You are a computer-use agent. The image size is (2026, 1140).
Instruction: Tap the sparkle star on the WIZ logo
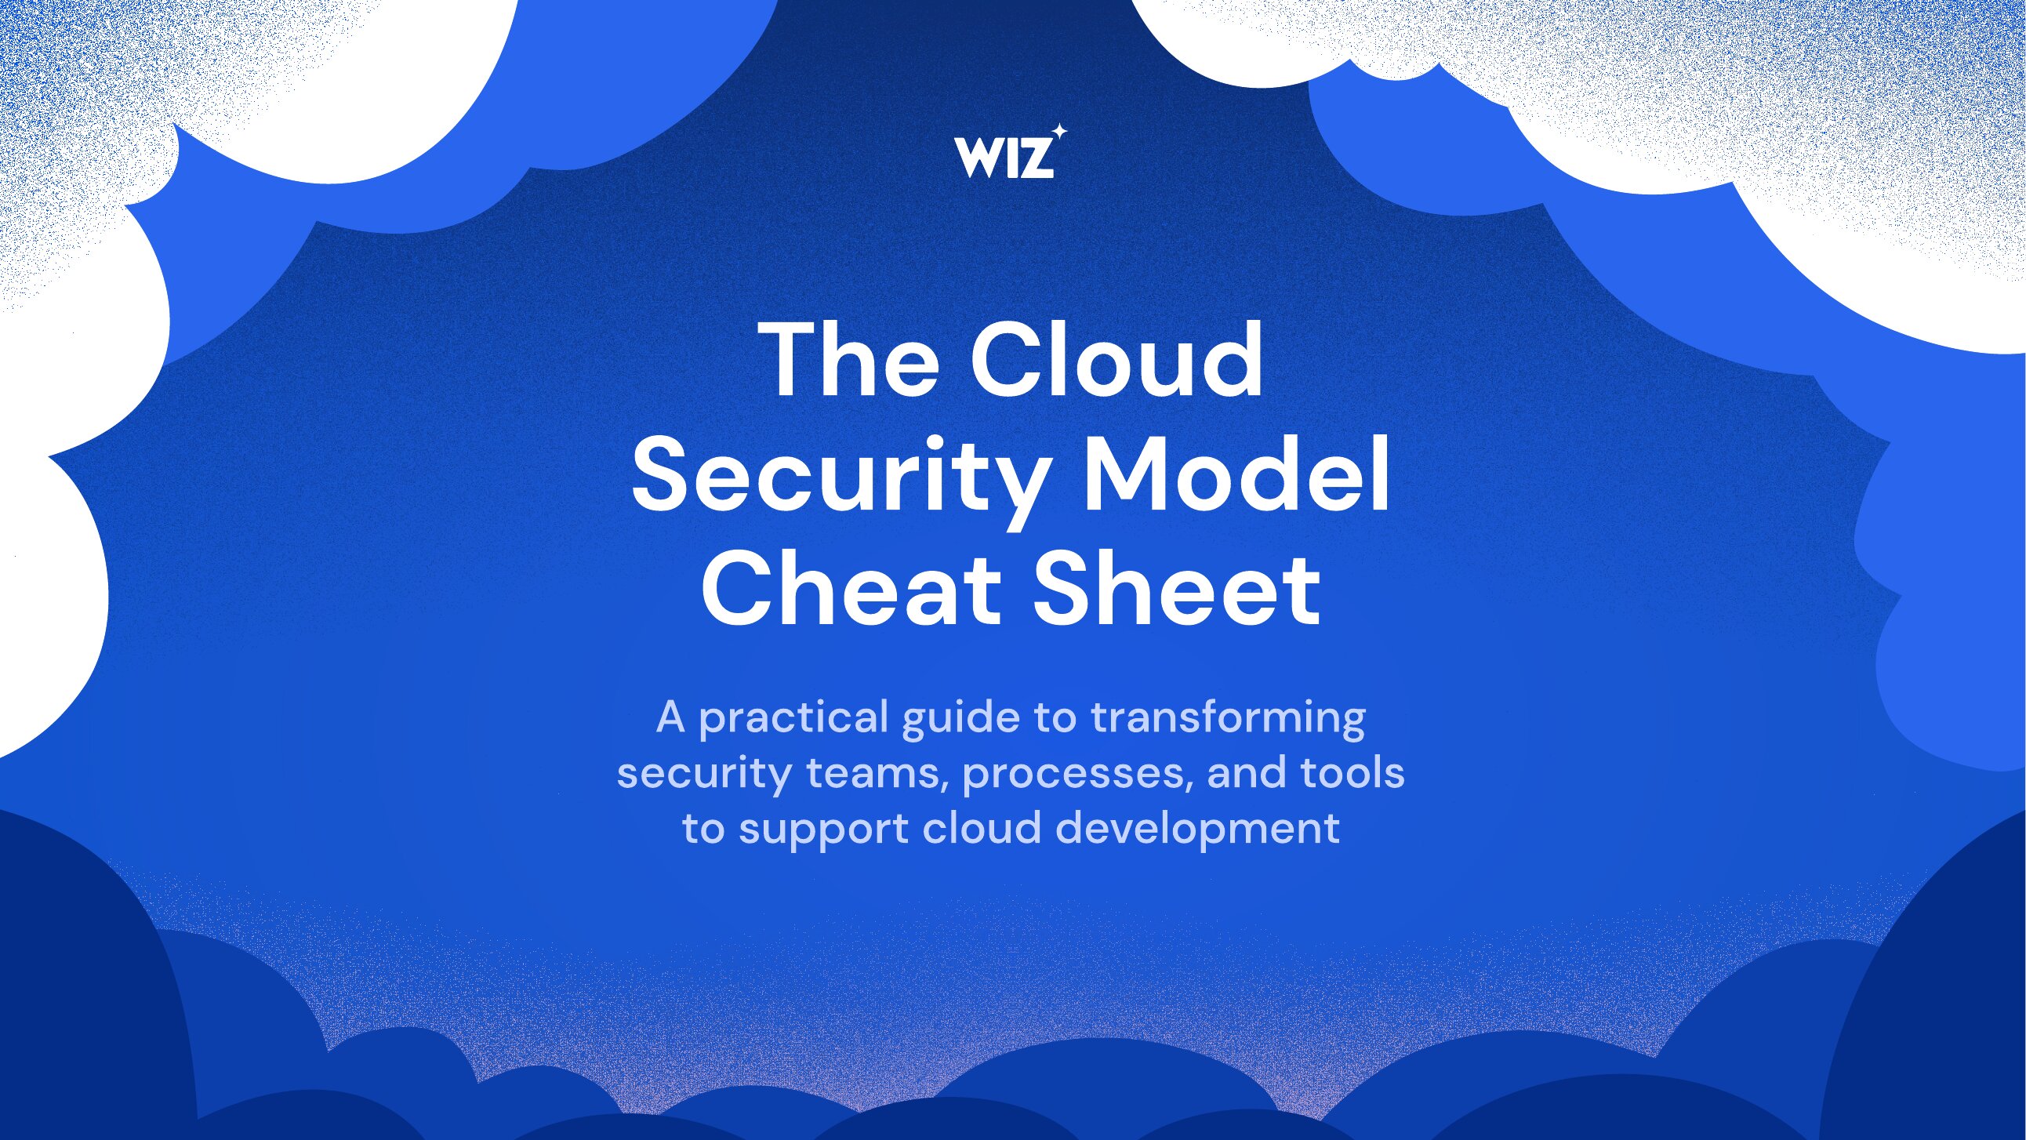(1059, 132)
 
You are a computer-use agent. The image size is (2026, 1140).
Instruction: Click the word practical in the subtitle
(793, 719)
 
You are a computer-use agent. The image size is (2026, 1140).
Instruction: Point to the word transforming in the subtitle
(1228, 719)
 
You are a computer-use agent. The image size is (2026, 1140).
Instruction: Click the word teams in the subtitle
(873, 774)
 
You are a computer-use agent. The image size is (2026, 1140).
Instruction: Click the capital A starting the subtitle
(671, 717)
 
